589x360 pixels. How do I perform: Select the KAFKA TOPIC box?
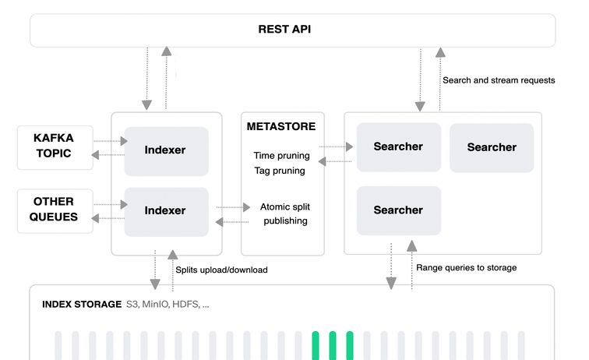coord(55,147)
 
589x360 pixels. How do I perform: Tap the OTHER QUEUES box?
coord(55,210)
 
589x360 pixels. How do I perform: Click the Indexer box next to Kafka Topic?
coord(166,150)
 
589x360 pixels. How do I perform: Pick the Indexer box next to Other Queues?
coord(166,211)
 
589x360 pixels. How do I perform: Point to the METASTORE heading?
coord(281,126)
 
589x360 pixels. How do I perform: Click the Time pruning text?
coord(281,155)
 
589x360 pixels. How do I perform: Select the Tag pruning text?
coord(279,171)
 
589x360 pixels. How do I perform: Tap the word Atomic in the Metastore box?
coord(275,207)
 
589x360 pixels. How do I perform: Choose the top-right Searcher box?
coord(492,147)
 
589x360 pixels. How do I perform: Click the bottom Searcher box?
coord(398,210)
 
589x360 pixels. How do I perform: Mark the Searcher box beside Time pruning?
coord(398,147)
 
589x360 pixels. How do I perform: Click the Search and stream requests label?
coord(499,80)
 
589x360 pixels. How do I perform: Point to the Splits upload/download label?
coord(221,270)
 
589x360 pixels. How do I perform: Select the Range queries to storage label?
coord(466,268)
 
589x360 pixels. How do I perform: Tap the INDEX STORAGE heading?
coord(81,304)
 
